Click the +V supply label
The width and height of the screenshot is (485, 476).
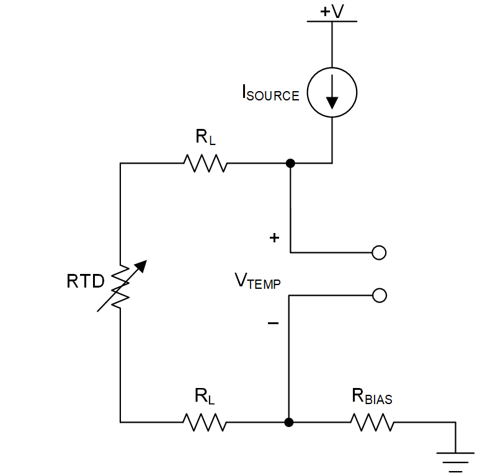click(332, 11)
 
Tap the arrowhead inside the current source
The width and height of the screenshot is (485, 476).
click(332, 101)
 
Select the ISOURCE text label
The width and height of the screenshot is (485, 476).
click(270, 94)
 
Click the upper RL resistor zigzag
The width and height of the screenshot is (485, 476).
click(205, 164)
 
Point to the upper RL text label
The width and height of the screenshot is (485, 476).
click(205, 138)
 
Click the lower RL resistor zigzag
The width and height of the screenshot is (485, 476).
click(204, 423)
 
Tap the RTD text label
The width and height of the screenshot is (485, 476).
click(86, 282)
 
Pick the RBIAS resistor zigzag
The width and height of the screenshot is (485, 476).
click(372, 423)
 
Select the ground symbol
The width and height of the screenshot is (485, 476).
click(455, 462)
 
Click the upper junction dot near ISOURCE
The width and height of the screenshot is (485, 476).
click(290, 164)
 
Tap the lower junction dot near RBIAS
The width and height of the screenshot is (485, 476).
click(288, 423)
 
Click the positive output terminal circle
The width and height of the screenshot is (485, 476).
click(379, 252)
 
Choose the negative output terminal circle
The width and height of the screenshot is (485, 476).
click(379, 295)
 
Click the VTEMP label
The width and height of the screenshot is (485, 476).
click(257, 282)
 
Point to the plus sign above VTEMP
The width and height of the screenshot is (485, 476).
click(274, 238)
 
